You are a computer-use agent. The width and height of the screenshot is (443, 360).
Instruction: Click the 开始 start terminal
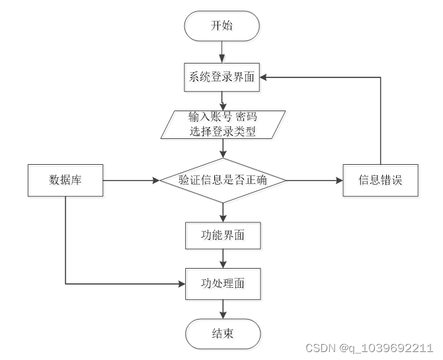pyautogui.click(x=222, y=26)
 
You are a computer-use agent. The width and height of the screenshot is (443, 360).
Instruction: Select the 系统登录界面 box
pyautogui.click(x=222, y=77)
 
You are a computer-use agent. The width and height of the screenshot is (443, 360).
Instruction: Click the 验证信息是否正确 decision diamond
pyautogui.click(x=222, y=180)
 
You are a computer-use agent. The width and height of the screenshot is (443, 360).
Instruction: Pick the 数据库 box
pyautogui.click(x=65, y=180)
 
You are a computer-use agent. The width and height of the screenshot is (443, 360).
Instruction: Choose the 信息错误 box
pyautogui.click(x=380, y=180)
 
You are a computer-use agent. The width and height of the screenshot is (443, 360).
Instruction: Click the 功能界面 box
pyautogui.click(x=222, y=234)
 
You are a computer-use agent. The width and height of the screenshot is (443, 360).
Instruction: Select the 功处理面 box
pyautogui.click(x=222, y=284)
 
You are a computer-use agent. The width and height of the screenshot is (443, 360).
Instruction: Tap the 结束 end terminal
pyautogui.click(x=222, y=334)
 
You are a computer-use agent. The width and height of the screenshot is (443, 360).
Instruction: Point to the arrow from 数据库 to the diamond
pyautogui.click(x=131, y=180)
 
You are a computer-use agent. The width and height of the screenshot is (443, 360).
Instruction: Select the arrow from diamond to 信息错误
pyautogui.click(x=315, y=180)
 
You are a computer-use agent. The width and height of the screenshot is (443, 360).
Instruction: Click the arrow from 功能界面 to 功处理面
pyautogui.click(x=222, y=259)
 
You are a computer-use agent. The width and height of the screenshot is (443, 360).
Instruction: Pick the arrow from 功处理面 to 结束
pyautogui.click(x=222, y=309)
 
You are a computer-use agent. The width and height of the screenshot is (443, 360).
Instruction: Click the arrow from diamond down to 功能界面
pyautogui.click(x=222, y=212)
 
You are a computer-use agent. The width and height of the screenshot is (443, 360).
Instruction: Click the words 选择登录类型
pyautogui.click(x=223, y=131)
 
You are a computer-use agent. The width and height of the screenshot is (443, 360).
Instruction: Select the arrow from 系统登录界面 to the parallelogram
pyautogui.click(x=222, y=101)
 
